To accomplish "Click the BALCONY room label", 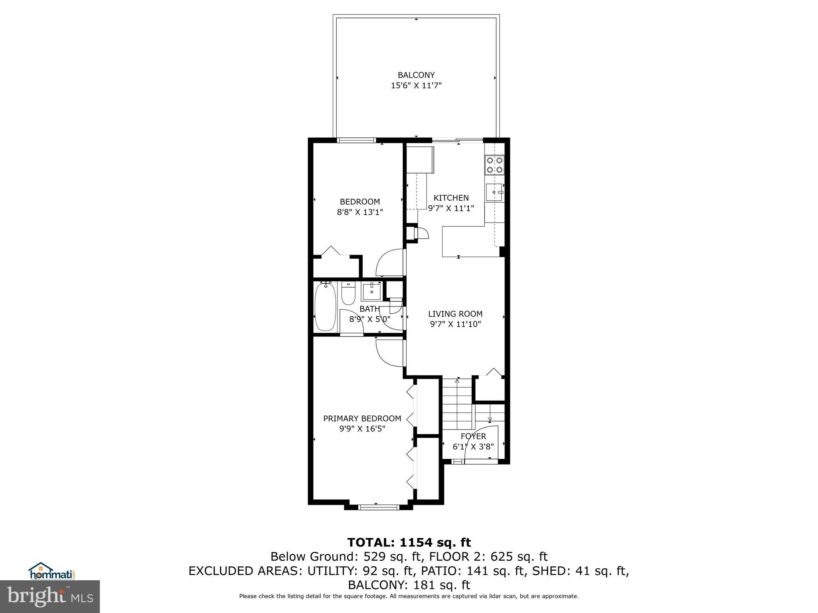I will (x=416, y=75).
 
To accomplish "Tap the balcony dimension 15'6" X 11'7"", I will (x=416, y=85).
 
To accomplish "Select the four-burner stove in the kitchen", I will (x=494, y=164).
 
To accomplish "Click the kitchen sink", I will (x=494, y=192).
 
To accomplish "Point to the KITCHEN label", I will (x=451, y=198).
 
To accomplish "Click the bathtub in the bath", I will (x=325, y=306).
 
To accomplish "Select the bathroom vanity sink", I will (x=371, y=291).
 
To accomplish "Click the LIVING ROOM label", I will (x=455, y=314).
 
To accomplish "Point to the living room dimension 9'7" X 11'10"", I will (x=455, y=324).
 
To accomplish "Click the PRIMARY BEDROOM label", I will (x=362, y=419).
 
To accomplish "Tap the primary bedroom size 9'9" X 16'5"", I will (x=362, y=429).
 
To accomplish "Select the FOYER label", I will (x=473, y=437).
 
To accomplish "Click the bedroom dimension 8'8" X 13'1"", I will (x=360, y=212).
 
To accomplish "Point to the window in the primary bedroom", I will (x=378, y=507).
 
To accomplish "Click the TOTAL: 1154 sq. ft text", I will (x=409, y=543).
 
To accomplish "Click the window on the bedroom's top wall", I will (x=356, y=140).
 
